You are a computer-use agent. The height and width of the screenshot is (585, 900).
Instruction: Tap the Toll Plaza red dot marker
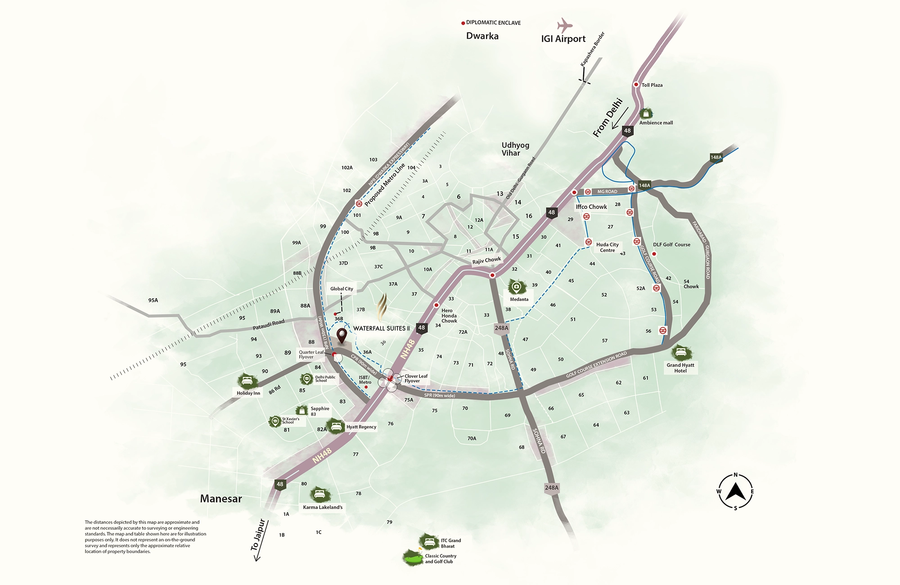point(636,85)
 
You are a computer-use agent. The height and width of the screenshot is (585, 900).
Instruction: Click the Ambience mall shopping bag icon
point(646,113)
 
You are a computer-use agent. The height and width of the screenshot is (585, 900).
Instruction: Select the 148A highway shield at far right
point(716,157)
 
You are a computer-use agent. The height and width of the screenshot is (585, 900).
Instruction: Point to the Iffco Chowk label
point(591,207)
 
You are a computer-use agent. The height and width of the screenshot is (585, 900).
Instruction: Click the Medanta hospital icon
point(517,287)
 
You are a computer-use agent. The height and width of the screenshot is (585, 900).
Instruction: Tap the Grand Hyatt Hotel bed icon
point(680,352)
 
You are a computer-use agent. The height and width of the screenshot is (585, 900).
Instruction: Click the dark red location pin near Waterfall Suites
point(342,335)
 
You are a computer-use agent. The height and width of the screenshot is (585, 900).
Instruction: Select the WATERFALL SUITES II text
point(381,328)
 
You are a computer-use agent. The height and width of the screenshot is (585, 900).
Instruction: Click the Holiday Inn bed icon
point(247,381)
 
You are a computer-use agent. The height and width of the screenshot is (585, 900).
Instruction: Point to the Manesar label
point(221,499)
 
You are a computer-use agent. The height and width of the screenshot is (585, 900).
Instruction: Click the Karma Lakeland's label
point(323,507)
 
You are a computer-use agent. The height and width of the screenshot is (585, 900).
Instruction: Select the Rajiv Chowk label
point(486,261)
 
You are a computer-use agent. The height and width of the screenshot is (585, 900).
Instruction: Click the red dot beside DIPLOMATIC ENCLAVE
point(463,23)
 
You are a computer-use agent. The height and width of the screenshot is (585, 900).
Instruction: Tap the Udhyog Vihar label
point(515,149)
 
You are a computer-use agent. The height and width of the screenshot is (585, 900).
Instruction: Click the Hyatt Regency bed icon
point(335,426)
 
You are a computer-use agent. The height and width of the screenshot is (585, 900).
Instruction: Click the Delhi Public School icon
point(307,379)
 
